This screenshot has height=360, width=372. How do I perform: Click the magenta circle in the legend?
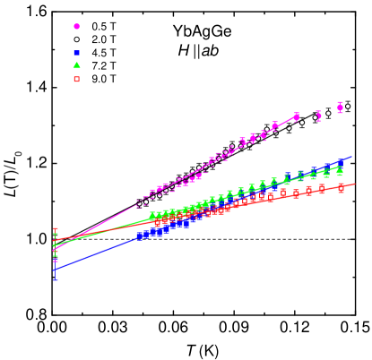click(76, 27)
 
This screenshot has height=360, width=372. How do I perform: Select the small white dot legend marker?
click(76, 39)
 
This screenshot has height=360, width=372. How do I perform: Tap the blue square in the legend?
click(76, 53)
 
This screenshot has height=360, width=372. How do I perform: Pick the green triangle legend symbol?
click(76, 65)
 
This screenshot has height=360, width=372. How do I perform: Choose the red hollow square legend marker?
click(76, 79)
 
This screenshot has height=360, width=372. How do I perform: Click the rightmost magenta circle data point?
click(341, 107)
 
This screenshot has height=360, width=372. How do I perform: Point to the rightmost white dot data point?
click(348, 107)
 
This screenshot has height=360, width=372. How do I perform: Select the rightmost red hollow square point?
click(341, 188)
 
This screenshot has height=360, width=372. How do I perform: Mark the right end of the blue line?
click(352, 157)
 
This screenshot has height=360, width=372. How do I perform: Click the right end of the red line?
click(355, 184)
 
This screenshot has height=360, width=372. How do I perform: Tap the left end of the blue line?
click(54, 270)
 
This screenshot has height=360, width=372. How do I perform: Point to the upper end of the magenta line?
click(298, 114)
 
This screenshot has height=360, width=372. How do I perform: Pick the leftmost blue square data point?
click(139, 236)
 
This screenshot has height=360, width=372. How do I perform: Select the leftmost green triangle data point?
click(152, 215)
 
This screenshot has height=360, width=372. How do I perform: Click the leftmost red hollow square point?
click(157, 222)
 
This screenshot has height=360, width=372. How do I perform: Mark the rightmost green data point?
click(340, 172)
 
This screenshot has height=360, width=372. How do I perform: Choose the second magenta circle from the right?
click(318, 116)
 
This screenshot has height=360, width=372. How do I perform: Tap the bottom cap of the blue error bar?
click(55, 280)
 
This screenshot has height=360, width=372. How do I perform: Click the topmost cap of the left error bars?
click(55, 228)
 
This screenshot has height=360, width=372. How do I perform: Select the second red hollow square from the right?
click(322, 189)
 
